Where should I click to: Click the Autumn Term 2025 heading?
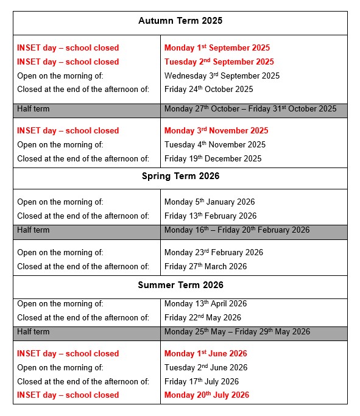(x=180, y=21)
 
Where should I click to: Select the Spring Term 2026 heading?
(x=180, y=177)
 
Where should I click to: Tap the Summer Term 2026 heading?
(x=180, y=285)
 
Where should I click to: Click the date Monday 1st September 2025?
(x=217, y=48)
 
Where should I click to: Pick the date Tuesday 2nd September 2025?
(x=219, y=62)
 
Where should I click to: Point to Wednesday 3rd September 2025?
(x=222, y=76)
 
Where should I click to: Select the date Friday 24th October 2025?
(x=208, y=90)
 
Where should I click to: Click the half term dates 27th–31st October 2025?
(x=250, y=109)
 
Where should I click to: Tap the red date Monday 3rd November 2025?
(x=216, y=131)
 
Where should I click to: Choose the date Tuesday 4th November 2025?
(x=215, y=145)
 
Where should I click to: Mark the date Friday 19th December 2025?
(x=213, y=159)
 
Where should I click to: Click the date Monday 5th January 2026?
(x=209, y=202)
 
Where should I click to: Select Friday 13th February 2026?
(x=210, y=216)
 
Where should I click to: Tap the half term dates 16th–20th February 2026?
(x=236, y=230)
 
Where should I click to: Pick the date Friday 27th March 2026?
(x=205, y=266)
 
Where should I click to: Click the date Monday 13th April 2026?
(x=205, y=303)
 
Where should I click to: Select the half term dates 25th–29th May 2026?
(x=237, y=332)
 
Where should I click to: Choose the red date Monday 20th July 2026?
(x=206, y=395)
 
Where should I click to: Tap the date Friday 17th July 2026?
(x=201, y=382)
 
